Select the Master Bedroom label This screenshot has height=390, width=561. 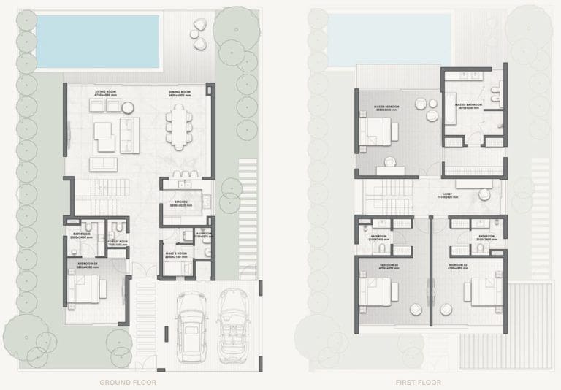tap(386, 106)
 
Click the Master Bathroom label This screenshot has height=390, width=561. tap(468, 105)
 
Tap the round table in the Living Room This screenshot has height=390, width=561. tap(129, 108)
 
